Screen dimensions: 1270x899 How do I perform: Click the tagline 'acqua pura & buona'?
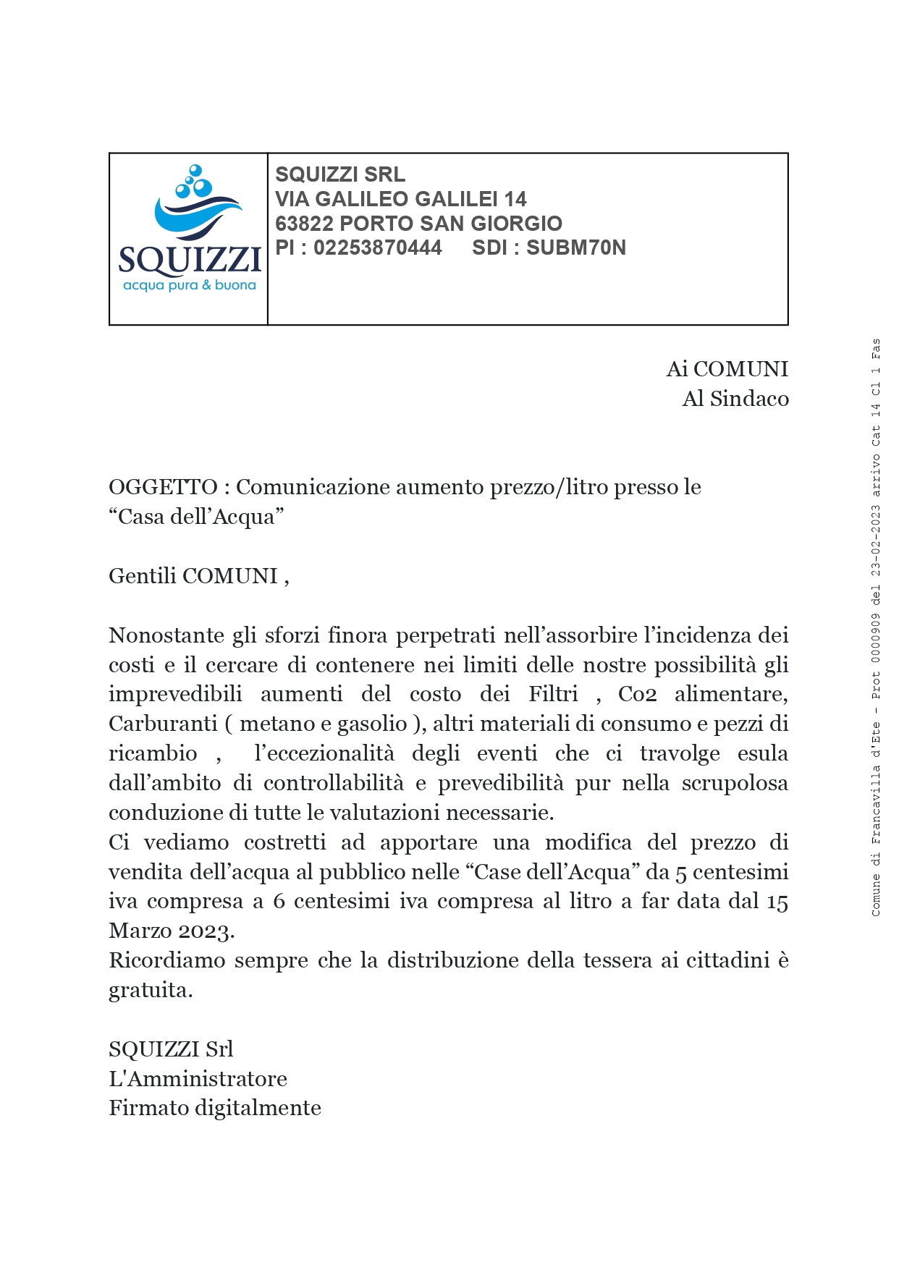[190, 285]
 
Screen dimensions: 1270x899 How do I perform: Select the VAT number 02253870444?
[377, 247]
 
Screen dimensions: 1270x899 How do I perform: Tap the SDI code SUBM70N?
[575, 247]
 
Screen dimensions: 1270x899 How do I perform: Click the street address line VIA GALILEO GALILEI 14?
[400, 199]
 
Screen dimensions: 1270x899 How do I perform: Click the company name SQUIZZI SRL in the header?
[339, 174]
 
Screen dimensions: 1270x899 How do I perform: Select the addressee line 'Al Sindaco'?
[735, 399]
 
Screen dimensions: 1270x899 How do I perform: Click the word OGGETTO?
[163, 487]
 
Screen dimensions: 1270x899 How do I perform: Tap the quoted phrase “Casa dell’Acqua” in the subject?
[196, 517]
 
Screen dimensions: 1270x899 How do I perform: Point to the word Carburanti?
[162, 724]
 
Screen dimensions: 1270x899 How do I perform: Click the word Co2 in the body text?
[637, 694]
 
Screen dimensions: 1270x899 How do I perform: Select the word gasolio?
[372, 724]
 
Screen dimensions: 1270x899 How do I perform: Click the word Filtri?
[553, 694]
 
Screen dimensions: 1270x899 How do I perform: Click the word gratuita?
[150, 991]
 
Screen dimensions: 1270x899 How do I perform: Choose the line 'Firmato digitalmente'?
[215, 1108]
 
